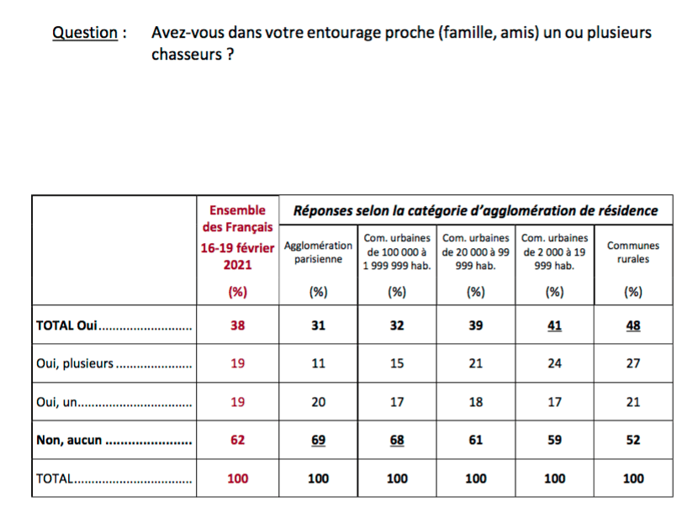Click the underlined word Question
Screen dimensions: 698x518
coord(85,33)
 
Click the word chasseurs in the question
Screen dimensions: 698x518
coord(187,55)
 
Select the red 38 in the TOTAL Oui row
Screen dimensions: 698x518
coord(238,325)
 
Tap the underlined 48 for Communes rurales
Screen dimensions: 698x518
coord(633,325)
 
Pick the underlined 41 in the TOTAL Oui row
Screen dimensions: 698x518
coord(554,325)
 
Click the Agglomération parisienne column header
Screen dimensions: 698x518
coord(318,252)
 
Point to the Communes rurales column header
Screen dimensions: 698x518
coord(633,252)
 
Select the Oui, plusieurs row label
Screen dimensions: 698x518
coord(75,363)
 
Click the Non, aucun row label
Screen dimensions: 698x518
coord(69,440)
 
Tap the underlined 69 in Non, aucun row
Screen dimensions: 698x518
coord(318,440)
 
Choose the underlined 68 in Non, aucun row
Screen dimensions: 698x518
coord(397,440)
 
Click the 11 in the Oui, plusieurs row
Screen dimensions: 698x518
coord(318,363)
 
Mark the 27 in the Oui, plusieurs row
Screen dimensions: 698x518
coord(633,363)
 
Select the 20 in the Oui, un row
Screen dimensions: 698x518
coord(318,402)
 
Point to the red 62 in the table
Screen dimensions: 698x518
coord(238,440)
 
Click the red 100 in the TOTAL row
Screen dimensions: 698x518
coord(238,478)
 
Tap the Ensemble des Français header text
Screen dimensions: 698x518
coord(238,219)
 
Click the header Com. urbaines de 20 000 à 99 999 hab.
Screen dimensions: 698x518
coord(475,252)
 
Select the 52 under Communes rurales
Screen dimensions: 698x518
coord(633,440)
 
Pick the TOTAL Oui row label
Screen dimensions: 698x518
coord(66,325)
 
